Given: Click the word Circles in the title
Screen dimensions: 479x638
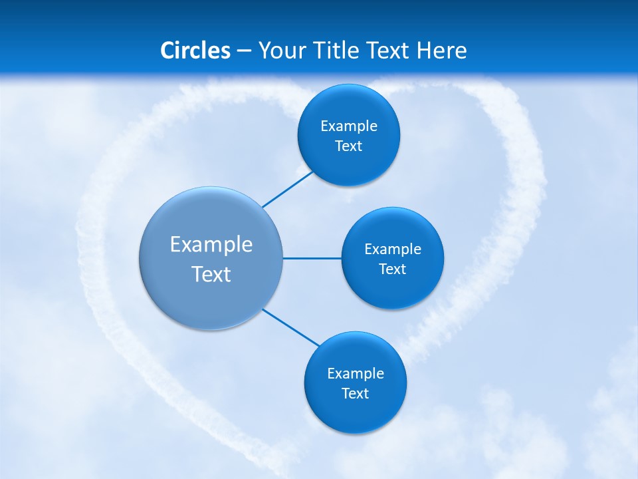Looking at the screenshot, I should coord(195,51).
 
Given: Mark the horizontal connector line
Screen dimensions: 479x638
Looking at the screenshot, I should coord(312,258).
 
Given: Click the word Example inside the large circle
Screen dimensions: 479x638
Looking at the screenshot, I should coord(211,244).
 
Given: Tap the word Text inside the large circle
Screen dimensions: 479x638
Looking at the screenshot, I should coord(211,274).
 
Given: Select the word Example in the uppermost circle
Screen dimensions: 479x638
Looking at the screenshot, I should coord(349,126).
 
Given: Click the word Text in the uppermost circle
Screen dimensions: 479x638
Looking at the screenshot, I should coord(349,146).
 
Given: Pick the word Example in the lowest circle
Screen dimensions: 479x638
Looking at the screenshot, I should coord(356,373).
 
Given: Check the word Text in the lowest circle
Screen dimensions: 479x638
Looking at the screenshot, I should coord(356,394).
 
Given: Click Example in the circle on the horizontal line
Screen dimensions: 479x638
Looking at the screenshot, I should coord(393,249).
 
